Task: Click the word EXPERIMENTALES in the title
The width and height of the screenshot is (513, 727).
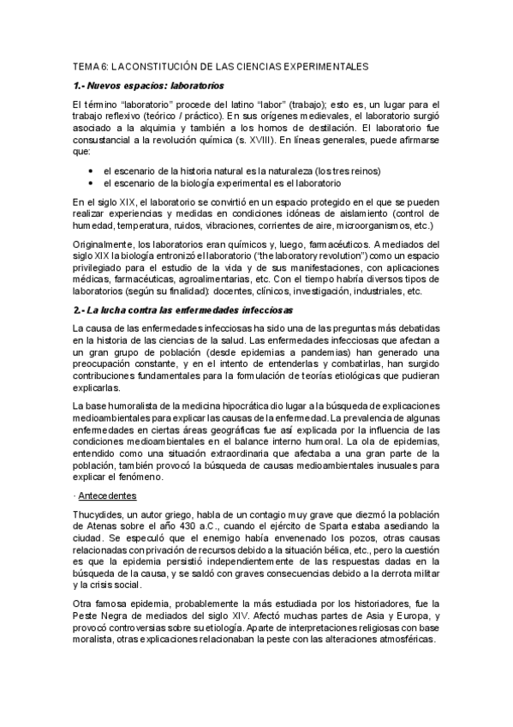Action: (321, 65)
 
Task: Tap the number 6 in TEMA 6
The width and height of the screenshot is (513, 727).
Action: (104, 65)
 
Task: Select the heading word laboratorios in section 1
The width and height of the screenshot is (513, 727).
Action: (197, 86)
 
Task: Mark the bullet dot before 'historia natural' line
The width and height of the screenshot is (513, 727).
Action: (90, 171)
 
